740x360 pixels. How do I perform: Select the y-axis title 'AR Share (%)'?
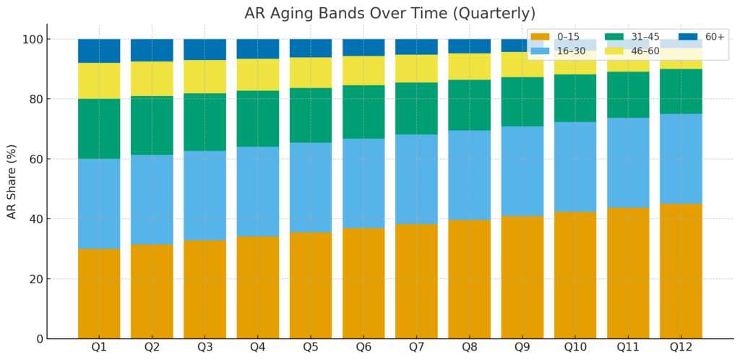[x=13, y=181]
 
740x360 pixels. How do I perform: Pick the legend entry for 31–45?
[x=629, y=37]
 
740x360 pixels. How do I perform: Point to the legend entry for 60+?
[x=697, y=37]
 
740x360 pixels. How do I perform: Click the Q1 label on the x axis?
[x=99, y=348]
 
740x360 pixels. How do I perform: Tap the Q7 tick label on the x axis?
[x=416, y=348]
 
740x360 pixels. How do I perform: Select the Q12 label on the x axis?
[x=681, y=348]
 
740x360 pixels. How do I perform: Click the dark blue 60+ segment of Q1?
[x=99, y=51]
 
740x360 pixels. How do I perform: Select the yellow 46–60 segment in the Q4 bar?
[x=258, y=74]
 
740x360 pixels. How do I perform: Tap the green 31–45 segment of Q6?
[x=363, y=111]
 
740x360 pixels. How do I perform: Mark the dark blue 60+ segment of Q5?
[x=311, y=48]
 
